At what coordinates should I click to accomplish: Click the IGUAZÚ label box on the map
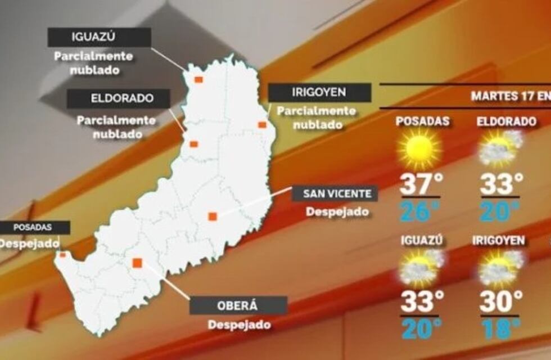99,38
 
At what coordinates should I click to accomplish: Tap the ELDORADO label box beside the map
119,98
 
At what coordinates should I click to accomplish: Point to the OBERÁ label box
238,306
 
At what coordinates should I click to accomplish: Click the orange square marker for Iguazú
198,79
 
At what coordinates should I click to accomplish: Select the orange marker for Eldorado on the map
194,144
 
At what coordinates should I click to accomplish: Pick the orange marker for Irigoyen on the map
262,124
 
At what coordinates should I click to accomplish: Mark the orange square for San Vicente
213,216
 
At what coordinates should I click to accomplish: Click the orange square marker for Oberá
137,262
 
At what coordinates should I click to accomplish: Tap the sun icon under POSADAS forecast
419,149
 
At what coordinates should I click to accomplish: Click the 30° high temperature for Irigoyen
501,301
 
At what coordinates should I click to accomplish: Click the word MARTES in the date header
490,96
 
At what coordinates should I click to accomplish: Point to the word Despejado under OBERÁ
239,325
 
